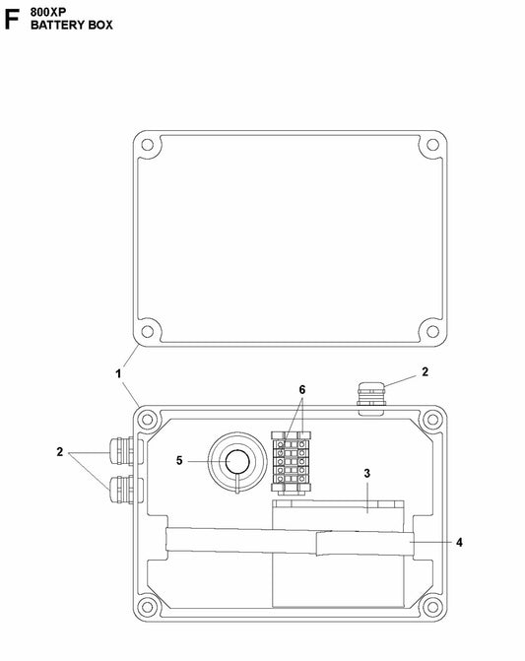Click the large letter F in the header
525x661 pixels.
(x=11, y=19)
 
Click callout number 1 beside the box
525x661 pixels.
(x=118, y=373)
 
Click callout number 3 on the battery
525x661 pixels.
(x=366, y=474)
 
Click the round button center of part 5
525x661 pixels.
(x=237, y=462)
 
